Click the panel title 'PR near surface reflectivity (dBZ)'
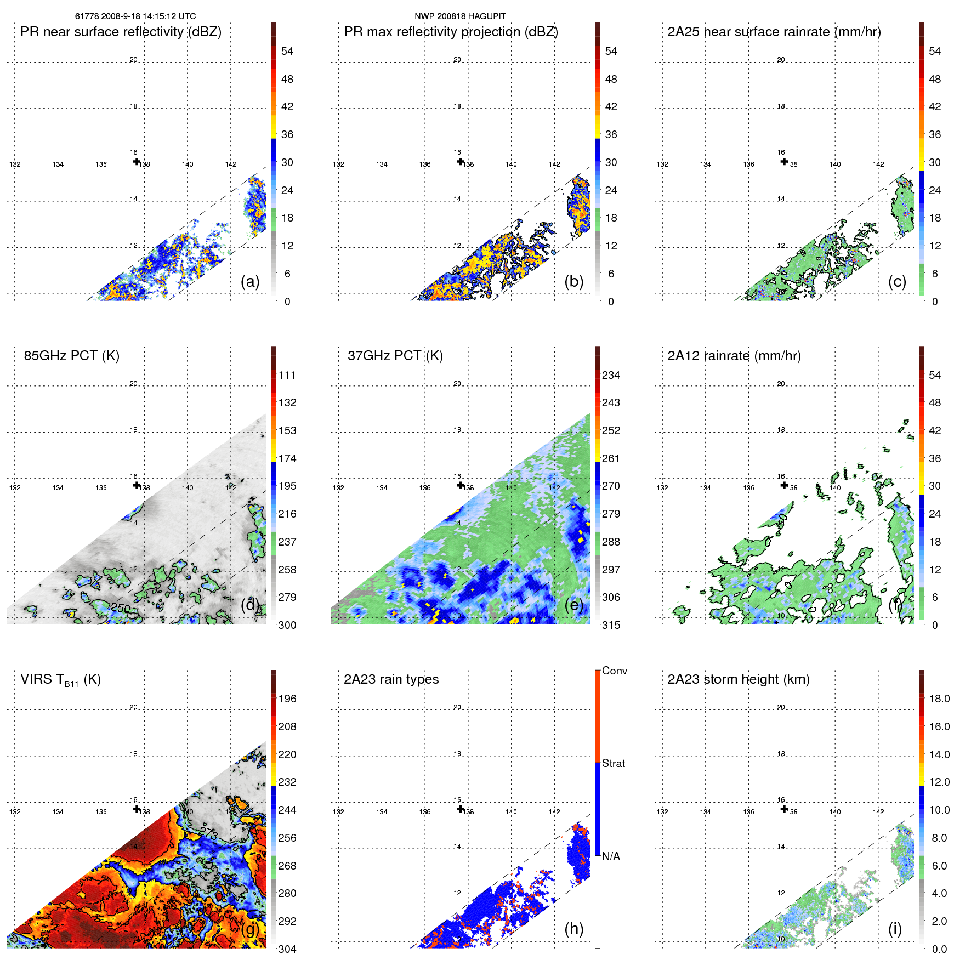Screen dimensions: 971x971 (x=121, y=32)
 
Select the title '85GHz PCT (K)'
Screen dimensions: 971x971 (x=71, y=356)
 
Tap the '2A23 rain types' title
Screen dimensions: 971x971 (x=391, y=679)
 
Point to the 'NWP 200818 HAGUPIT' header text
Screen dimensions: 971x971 (x=460, y=16)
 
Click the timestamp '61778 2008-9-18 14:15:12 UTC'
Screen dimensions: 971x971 (x=135, y=16)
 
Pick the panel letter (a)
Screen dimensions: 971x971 (x=250, y=282)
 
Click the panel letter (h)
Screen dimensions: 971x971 (x=574, y=929)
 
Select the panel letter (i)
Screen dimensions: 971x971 (x=895, y=929)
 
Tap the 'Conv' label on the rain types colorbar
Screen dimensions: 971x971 (x=615, y=671)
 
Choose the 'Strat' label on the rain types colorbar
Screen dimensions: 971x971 (x=614, y=763)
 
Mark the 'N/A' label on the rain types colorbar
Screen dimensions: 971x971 (x=611, y=856)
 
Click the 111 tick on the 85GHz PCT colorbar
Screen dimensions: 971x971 (x=287, y=376)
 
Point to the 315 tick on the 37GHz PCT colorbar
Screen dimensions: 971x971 (x=611, y=625)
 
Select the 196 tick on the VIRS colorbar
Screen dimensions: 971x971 (x=287, y=699)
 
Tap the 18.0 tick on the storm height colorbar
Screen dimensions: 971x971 (x=939, y=699)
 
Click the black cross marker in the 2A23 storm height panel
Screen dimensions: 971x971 (x=785, y=809)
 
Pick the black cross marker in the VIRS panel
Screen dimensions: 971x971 (x=137, y=809)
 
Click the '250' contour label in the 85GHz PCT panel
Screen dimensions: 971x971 (x=121, y=608)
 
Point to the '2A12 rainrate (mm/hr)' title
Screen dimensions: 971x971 (x=734, y=356)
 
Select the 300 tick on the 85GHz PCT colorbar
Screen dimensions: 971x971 (x=287, y=625)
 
